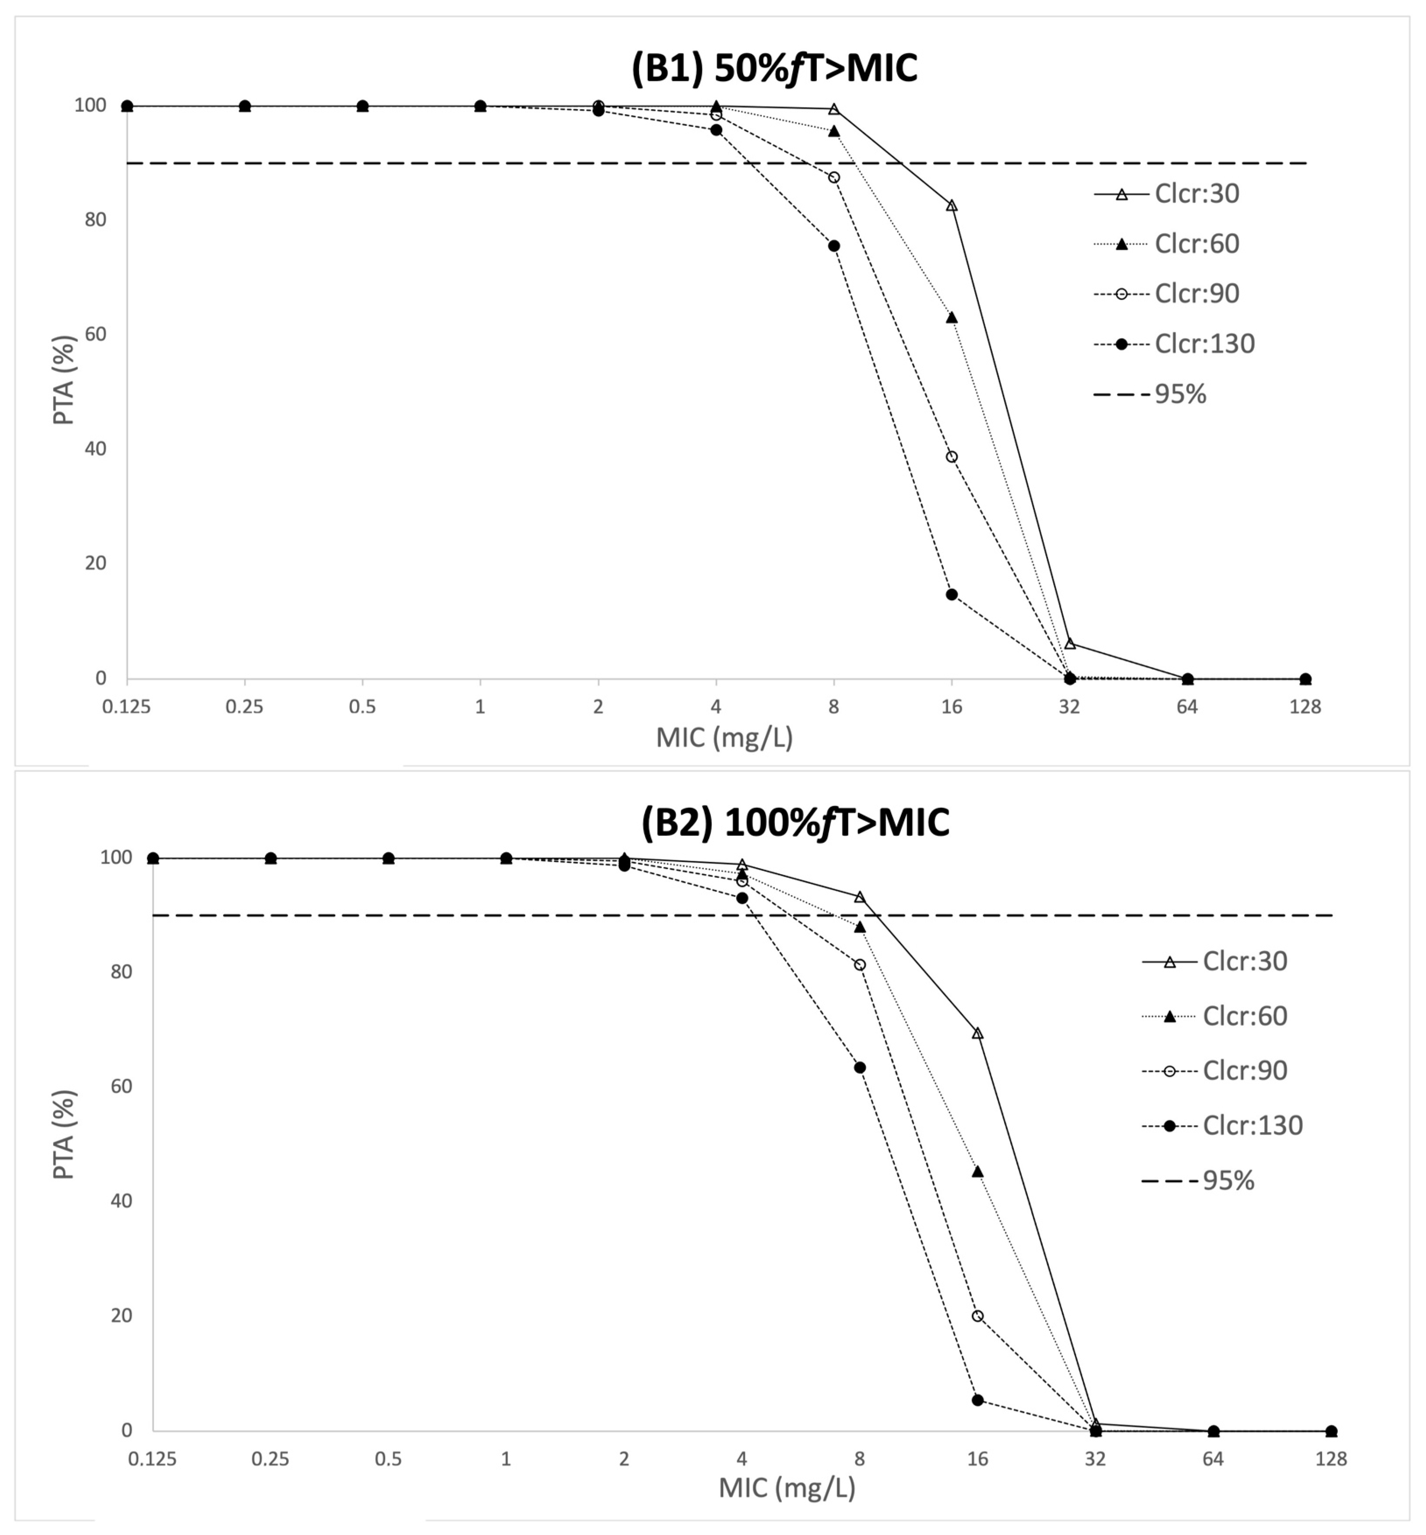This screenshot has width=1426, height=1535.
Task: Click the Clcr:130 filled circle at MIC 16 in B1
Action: [952, 594]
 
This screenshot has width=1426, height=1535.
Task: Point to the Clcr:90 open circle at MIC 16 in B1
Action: [952, 457]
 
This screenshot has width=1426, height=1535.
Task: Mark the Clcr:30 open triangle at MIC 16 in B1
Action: [952, 205]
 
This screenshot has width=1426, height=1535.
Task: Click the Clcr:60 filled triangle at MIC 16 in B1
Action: [952, 317]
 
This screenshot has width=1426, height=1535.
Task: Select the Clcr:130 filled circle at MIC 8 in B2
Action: [860, 1067]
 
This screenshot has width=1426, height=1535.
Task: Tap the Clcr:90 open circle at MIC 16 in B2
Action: [978, 1316]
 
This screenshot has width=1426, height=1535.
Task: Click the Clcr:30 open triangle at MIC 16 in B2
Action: [978, 1033]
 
